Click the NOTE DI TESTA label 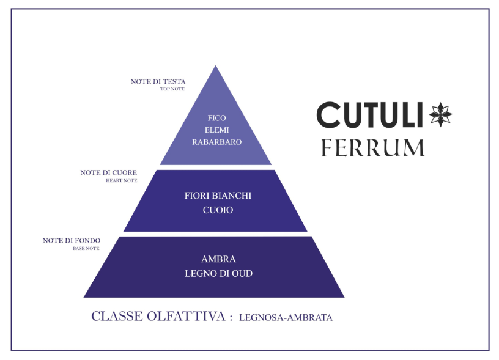(x=158, y=81)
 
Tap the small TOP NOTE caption (x=172, y=89)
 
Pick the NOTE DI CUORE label (x=108, y=173)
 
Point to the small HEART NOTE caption (x=121, y=181)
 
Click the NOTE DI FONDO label (x=71, y=241)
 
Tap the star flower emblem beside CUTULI (x=440, y=114)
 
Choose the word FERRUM (x=373, y=148)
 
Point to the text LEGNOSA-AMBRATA (x=286, y=318)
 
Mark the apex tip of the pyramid (x=215, y=67)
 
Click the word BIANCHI (x=231, y=196)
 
